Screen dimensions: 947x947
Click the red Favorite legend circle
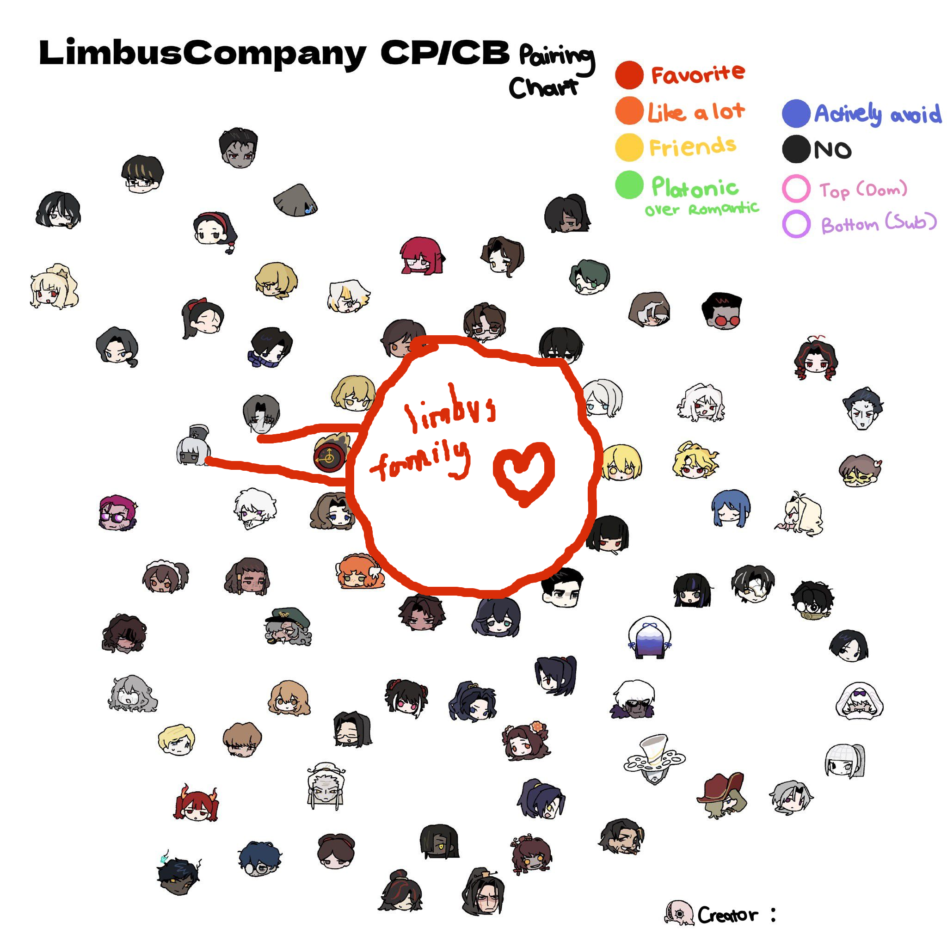pos(629,75)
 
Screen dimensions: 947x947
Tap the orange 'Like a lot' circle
pos(629,111)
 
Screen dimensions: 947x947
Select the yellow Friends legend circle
pos(629,147)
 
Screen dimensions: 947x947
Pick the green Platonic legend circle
pos(629,185)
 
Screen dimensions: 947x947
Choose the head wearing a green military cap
pos(288,627)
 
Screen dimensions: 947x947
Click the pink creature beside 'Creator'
pos(679,913)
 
